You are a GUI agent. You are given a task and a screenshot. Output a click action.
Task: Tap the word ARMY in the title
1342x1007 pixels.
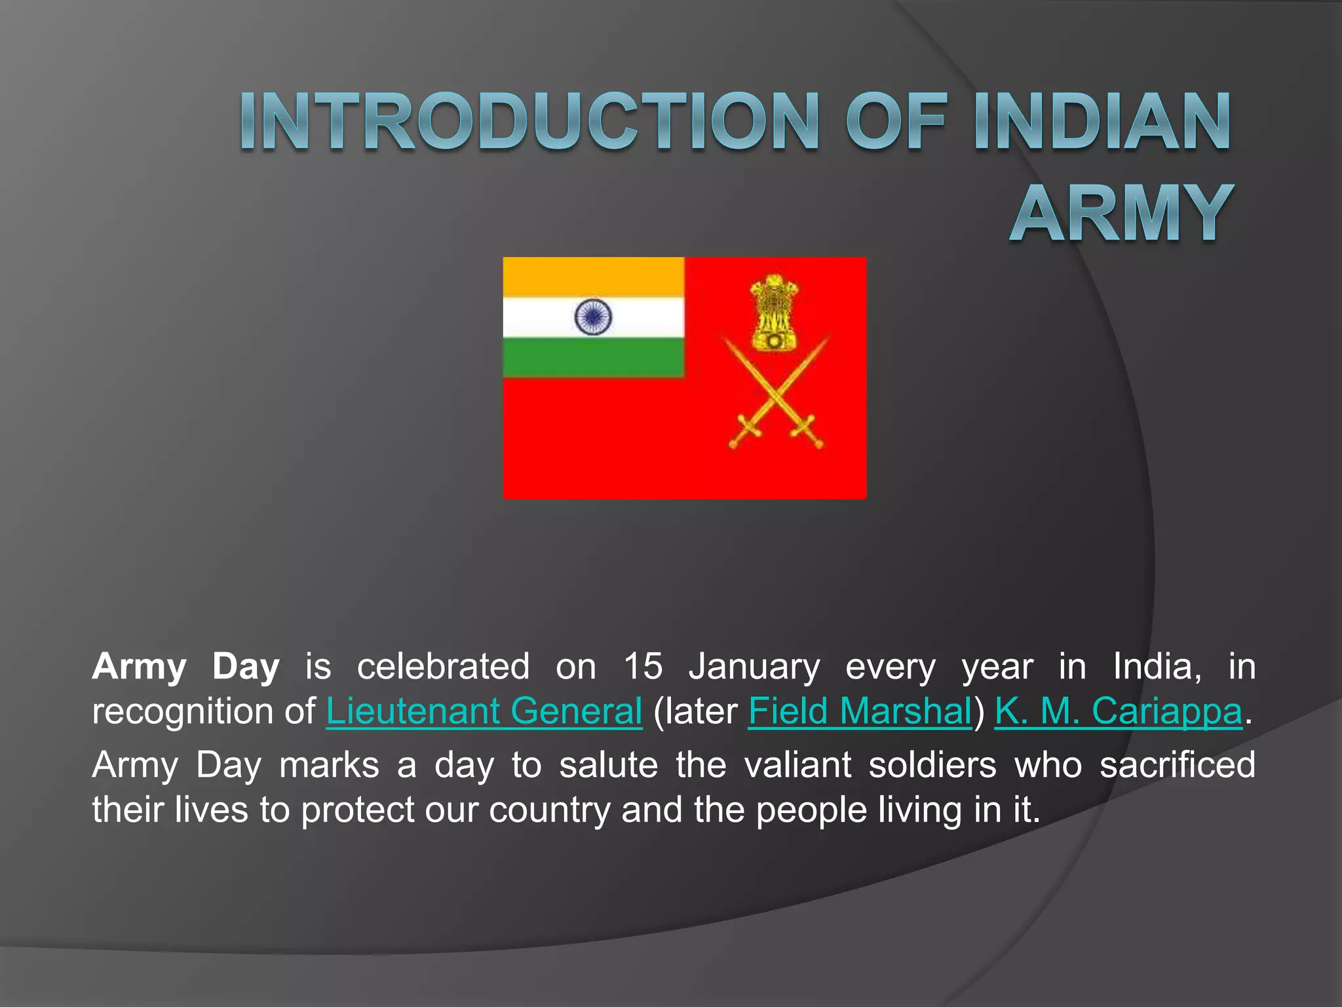[x=1122, y=213]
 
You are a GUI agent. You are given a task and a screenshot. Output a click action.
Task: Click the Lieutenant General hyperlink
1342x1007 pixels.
[x=484, y=711]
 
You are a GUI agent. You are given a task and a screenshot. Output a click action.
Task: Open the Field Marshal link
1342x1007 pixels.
[x=860, y=711]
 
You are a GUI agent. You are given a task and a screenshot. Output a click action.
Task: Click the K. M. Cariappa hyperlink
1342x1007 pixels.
[x=1118, y=711]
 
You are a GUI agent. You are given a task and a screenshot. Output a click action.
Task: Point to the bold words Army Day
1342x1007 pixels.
[x=186, y=667]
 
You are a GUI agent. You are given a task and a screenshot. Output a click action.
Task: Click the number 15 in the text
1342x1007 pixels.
[x=642, y=667]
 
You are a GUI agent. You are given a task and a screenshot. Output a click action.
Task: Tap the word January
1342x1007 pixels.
[x=754, y=667]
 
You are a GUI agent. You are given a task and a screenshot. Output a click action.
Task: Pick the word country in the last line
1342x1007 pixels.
[x=549, y=810]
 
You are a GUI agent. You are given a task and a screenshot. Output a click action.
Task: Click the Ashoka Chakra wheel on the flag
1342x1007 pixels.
[x=593, y=317]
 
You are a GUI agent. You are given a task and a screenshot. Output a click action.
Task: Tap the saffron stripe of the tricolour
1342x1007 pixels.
[x=593, y=277]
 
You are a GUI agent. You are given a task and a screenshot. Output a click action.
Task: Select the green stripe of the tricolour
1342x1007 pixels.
[x=593, y=358]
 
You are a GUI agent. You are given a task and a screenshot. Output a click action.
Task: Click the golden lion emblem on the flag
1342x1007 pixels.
[x=775, y=312]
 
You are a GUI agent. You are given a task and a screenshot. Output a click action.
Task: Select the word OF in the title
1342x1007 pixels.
[x=895, y=123]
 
